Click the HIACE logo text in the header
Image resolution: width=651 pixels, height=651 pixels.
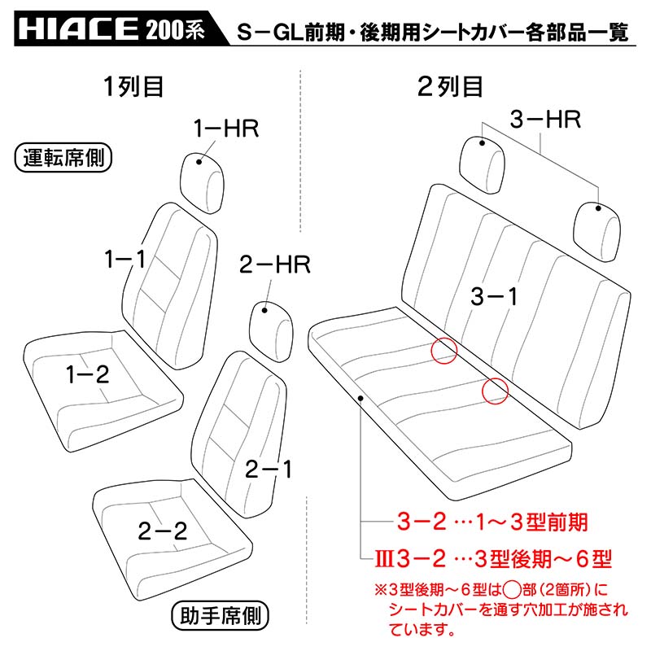coord(77,28)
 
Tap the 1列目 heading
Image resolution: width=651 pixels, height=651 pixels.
coord(133,87)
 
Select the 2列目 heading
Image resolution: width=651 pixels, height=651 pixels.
coord(450,87)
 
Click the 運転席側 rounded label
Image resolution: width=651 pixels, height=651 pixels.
coord(63,158)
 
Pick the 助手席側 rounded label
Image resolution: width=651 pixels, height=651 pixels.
coord(220,615)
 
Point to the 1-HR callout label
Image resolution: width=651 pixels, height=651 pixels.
coord(226,128)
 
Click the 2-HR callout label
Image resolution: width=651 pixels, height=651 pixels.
coord(275,264)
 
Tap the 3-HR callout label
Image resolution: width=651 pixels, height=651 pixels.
coord(545,119)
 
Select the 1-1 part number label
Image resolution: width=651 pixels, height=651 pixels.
coord(125,259)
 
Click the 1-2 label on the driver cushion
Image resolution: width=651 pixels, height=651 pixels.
coord(88,374)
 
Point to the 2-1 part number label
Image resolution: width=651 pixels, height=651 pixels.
coord(269,470)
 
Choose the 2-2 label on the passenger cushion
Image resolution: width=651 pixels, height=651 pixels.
coord(163,531)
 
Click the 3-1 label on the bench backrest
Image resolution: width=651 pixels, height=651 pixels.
coord(494,296)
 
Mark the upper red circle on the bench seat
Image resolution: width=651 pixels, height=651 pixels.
coord(444,351)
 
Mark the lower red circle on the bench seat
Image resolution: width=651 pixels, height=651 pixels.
coord(496,391)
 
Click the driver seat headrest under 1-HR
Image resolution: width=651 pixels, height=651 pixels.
coord(202,183)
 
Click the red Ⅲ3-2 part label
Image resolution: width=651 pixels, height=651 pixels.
coord(410,558)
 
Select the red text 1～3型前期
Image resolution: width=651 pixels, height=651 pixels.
coord(532,522)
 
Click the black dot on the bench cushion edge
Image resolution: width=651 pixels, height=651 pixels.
coord(360,398)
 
